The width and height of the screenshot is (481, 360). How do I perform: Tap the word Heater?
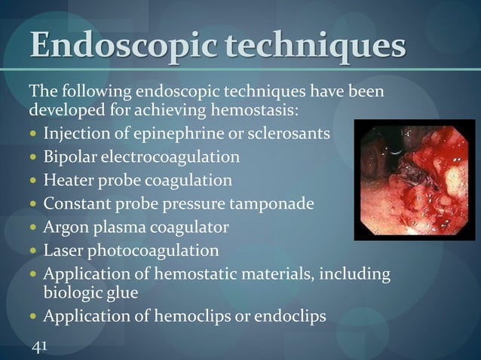point(67,180)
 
